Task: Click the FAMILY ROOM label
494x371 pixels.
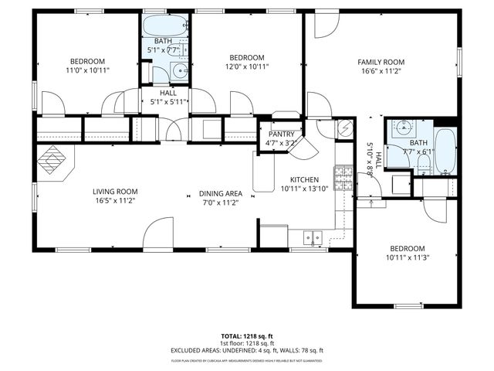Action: pyautogui.click(x=381, y=62)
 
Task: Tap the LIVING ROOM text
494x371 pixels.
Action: pyautogui.click(x=115, y=192)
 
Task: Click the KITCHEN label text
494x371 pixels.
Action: pyautogui.click(x=305, y=179)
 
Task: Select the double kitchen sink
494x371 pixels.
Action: pyautogui.click(x=313, y=237)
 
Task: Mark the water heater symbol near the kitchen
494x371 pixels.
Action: pyautogui.click(x=345, y=129)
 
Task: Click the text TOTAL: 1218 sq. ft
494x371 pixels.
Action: pyautogui.click(x=247, y=336)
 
